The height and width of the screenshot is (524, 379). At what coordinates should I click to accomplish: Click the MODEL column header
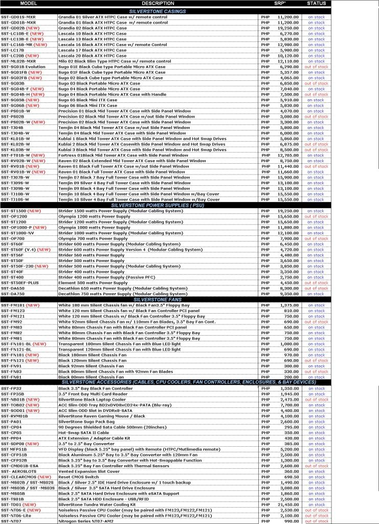pos(28,4)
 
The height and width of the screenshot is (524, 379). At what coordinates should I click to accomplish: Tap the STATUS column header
pos(317,4)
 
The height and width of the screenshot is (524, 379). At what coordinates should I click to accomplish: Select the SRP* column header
pos(280,4)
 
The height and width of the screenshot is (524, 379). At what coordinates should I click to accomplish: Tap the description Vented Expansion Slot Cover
pos(86,471)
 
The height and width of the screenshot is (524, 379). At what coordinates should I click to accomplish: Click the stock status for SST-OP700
pos(317,238)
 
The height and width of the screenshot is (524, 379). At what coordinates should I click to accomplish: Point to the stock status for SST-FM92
pos(317,322)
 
